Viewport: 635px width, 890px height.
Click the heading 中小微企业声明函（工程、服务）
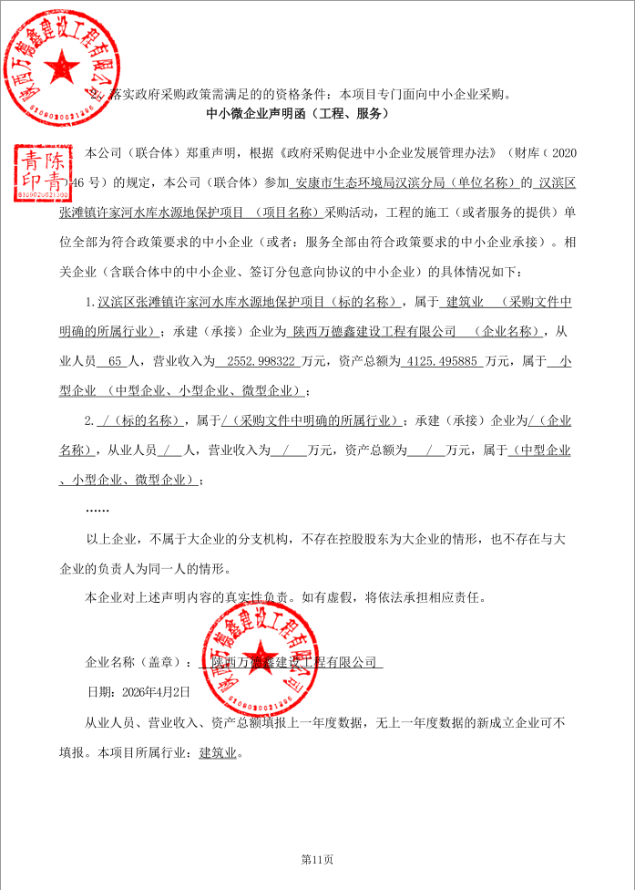pos(299,114)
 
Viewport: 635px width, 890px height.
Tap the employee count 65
pos(115,361)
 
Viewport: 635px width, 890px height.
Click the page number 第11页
pos(317,858)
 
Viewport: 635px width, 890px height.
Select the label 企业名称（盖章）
pos(138,663)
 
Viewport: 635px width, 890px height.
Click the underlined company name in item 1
pos(372,331)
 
